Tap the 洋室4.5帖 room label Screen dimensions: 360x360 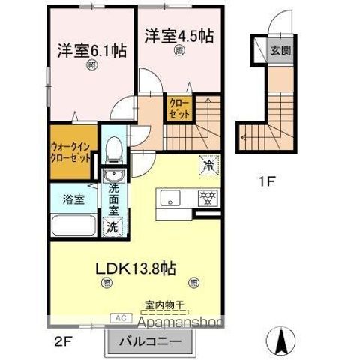click(x=178, y=35)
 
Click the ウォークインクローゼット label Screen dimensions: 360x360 click(x=72, y=153)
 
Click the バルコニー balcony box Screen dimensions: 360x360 click(x=158, y=340)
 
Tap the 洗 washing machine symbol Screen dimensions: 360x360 click(x=112, y=226)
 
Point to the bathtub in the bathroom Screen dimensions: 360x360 click(x=73, y=226)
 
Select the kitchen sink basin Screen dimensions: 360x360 click(x=169, y=199)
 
